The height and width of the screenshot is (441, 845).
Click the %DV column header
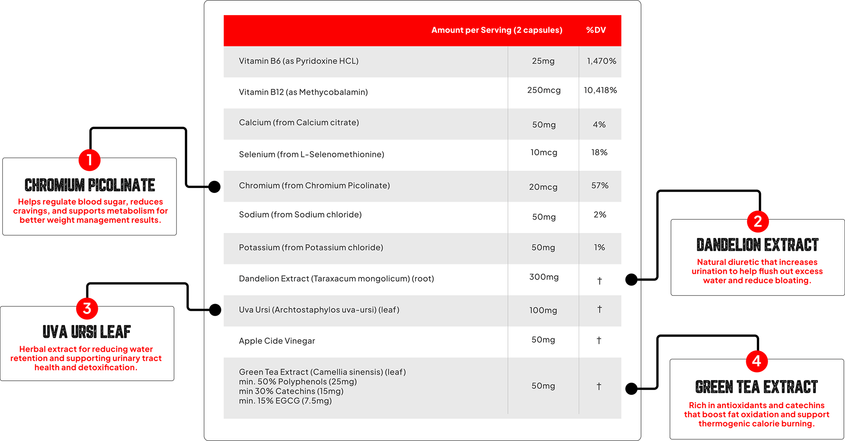coord(596,30)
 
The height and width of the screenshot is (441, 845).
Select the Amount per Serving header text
coord(497,30)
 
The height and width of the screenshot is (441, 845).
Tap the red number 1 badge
coord(89,160)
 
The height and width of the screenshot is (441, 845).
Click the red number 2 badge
coord(758,221)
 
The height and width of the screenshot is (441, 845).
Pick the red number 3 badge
coord(87,308)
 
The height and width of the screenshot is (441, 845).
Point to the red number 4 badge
coord(756,361)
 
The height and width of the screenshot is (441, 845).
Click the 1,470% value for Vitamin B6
coord(601,61)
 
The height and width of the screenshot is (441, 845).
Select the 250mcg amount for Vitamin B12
coord(543,90)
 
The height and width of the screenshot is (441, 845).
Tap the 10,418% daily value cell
coord(600,90)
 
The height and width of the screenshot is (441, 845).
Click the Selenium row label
coord(311,154)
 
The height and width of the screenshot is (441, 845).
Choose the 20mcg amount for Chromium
coord(543,187)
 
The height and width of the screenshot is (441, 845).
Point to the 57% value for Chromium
coord(600,185)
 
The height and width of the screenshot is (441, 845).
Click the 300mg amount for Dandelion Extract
coord(543,277)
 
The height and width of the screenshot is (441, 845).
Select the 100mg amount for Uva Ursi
coord(543,310)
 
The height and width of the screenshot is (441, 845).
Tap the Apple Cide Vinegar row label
coord(277,341)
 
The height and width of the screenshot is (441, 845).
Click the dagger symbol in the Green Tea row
coord(599,386)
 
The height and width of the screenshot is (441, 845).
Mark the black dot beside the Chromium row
coord(214,187)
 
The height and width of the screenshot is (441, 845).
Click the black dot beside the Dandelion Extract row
coord(631,280)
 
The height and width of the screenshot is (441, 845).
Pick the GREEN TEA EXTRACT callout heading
coord(756,387)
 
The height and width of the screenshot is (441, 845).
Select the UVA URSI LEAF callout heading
coord(87,332)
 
